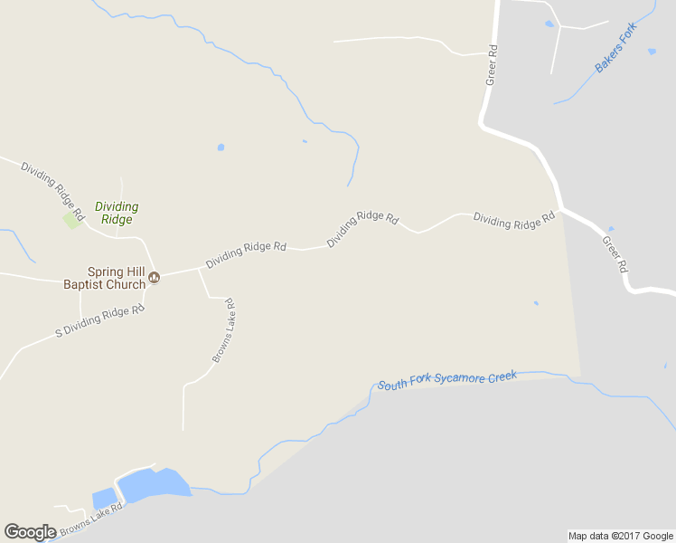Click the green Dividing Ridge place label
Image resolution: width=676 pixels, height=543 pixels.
tap(117, 213)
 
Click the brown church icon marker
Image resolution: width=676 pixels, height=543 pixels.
tap(154, 278)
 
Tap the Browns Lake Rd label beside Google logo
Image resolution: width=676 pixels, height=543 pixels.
tap(89, 517)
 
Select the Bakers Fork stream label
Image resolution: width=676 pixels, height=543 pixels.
tap(615, 47)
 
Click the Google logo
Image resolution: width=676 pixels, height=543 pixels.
tap(30, 531)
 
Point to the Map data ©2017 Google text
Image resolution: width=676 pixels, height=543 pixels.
tap(621, 536)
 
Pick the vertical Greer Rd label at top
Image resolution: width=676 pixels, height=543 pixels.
tap(493, 66)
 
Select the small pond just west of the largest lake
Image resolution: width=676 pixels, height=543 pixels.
tap(103, 499)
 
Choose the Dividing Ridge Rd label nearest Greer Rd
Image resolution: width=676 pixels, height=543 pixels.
tap(513, 221)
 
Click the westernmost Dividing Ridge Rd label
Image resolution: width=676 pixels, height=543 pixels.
tap(52, 192)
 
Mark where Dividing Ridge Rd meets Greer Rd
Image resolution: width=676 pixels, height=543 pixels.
tap(561, 211)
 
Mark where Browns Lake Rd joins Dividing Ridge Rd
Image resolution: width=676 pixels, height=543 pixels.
tap(198, 269)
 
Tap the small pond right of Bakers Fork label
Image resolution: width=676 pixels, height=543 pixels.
tap(652, 52)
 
